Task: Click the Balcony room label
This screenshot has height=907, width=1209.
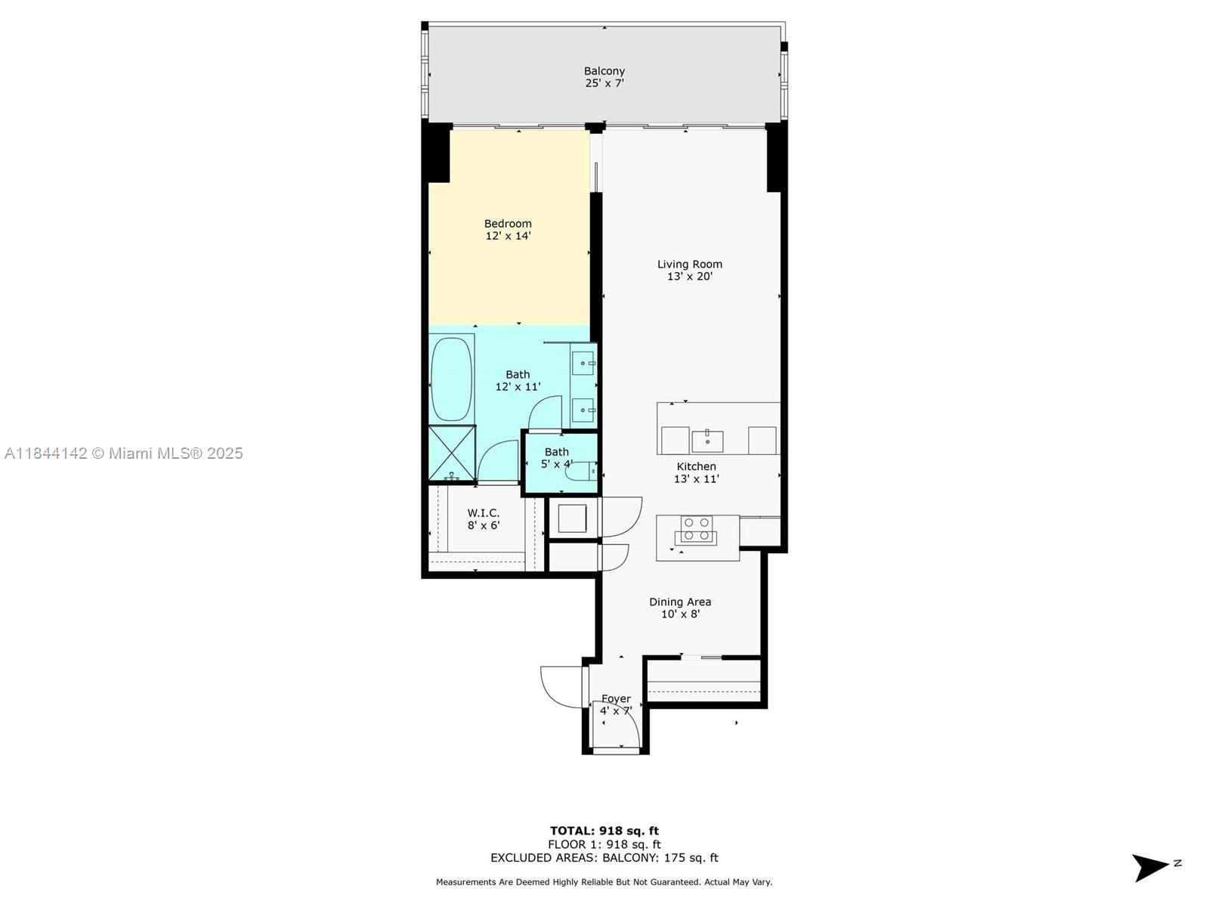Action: pyautogui.click(x=604, y=77)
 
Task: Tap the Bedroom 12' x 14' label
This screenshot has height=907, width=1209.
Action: pyautogui.click(x=508, y=230)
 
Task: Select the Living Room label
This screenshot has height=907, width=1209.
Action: pyautogui.click(x=690, y=271)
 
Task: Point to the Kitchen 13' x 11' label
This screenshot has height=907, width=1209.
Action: pyautogui.click(x=696, y=472)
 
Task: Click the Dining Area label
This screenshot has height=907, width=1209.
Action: pyautogui.click(x=680, y=608)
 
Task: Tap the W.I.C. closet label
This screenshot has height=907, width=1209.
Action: pyautogui.click(x=484, y=519)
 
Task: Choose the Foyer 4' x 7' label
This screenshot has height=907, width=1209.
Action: pyautogui.click(x=616, y=705)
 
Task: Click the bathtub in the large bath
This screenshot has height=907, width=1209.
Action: pyautogui.click(x=452, y=379)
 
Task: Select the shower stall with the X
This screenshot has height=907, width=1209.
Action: pyautogui.click(x=452, y=453)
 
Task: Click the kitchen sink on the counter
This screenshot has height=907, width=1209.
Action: pyautogui.click(x=707, y=441)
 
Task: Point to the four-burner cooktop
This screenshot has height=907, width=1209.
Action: pyautogui.click(x=696, y=530)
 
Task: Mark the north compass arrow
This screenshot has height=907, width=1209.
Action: pyautogui.click(x=1150, y=868)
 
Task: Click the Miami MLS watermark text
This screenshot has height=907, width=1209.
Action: pyautogui.click(x=124, y=453)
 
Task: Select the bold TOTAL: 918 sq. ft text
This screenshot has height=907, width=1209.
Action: pyautogui.click(x=604, y=831)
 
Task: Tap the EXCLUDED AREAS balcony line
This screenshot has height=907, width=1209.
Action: pyautogui.click(x=604, y=857)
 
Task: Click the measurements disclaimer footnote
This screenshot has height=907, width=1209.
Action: pyautogui.click(x=604, y=882)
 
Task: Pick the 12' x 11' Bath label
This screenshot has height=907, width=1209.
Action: pyautogui.click(x=518, y=380)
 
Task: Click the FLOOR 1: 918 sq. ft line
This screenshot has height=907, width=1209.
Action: pyautogui.click(x=604, y=844)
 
